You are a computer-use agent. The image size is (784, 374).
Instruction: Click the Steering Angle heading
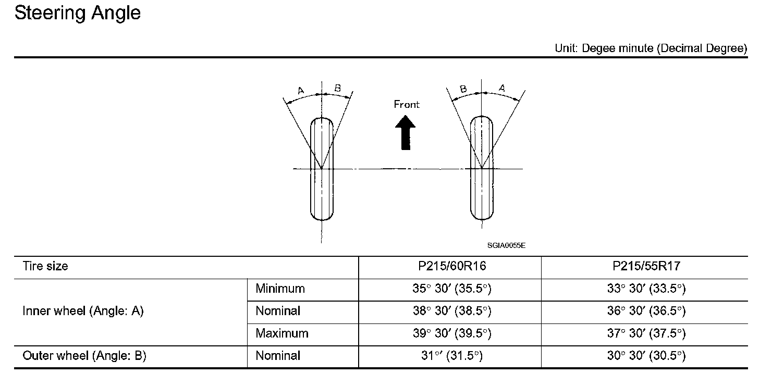click(77, 14)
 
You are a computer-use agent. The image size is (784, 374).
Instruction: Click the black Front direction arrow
click(406, 133)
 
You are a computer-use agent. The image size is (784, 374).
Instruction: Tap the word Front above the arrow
click(407, 104)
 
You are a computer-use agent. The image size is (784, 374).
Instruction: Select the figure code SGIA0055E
click(506, 245)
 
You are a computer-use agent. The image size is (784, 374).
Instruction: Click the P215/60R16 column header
click(452, 266)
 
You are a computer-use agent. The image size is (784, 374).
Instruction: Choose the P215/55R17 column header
click(646, 266)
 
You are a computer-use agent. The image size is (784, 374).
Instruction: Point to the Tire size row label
click(45, 266)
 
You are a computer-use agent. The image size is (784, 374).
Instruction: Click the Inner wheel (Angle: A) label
click(83, 310)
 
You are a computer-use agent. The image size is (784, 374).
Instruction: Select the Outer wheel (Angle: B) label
click(84, 355)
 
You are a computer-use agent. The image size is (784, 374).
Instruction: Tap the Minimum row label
click(280, 288)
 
